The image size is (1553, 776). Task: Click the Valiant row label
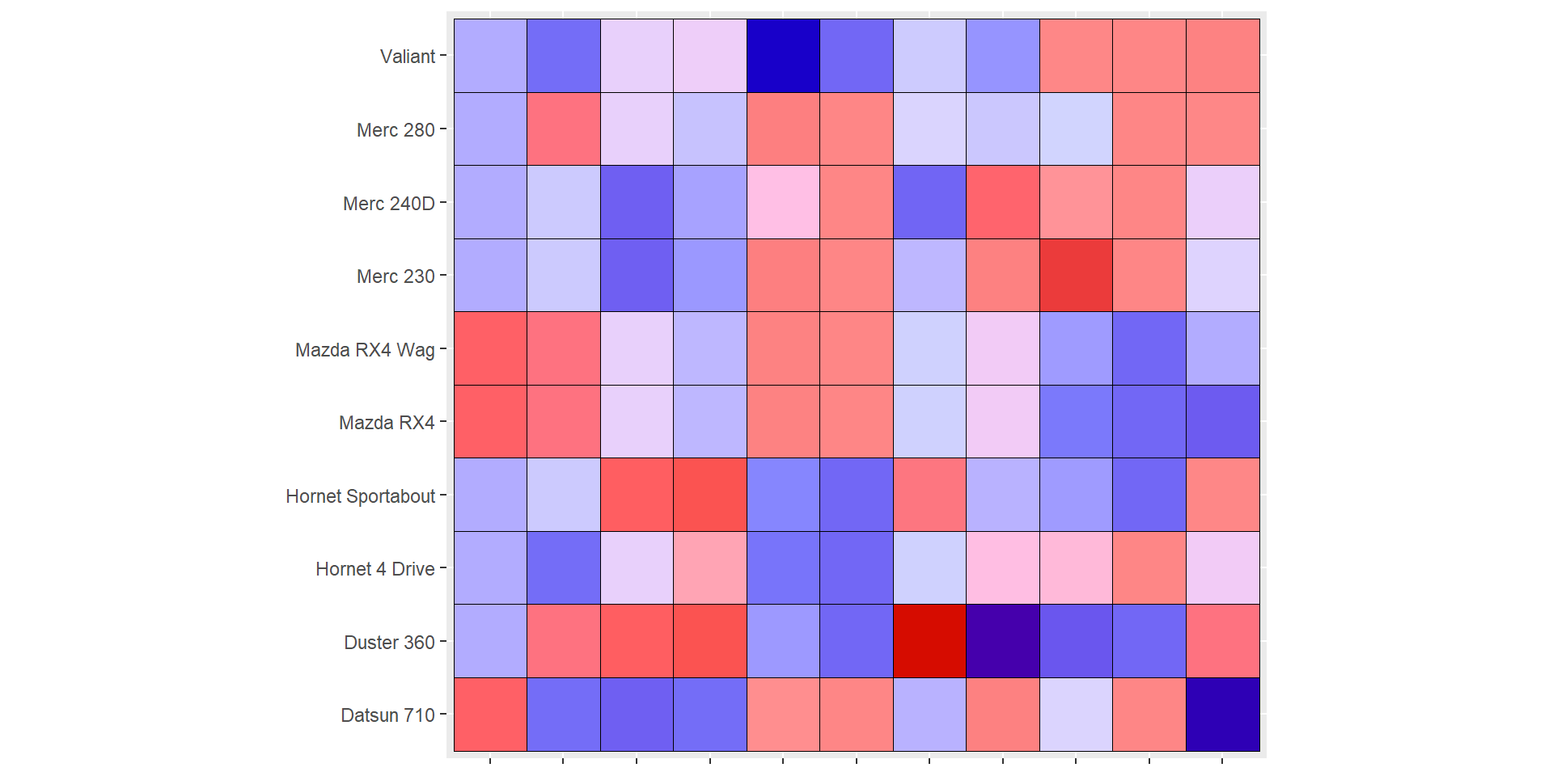[408, 57]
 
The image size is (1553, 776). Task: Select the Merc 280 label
[396, 130]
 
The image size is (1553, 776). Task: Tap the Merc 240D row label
[388, 204]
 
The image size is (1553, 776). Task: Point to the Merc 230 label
[396, 276]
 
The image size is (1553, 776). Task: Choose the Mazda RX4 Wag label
[365, 350]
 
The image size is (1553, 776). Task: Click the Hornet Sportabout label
[360, 496]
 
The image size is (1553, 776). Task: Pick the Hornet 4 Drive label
[375, 569]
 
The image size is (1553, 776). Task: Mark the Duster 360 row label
[389, 643]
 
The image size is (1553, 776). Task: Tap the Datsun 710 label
[387, 715]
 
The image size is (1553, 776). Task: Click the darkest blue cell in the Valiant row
[783, 56]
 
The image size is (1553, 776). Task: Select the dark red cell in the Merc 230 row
[1076, 276]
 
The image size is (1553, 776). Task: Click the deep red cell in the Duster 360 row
[929, 641]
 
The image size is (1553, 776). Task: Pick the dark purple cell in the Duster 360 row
[1003, 641]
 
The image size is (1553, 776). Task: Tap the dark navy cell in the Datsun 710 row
[1222, 715]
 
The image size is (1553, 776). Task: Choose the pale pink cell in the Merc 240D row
[783, 202]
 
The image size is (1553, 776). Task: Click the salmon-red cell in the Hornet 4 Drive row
[1149, 568]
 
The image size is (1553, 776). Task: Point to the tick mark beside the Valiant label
[443, 57]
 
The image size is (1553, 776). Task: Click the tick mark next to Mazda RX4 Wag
[443, 349]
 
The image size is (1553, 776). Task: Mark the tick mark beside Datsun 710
[443, 715]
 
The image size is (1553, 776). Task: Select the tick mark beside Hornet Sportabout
[443, 496]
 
